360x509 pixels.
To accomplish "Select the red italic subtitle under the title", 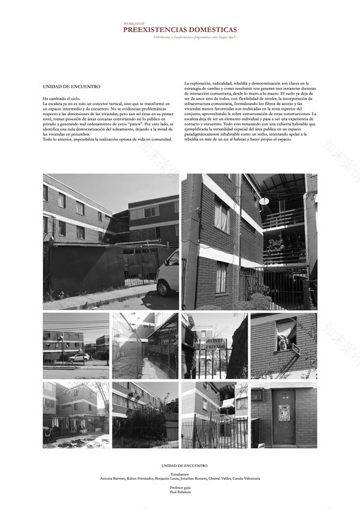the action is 180,38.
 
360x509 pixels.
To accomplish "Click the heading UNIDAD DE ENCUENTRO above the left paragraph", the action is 71,87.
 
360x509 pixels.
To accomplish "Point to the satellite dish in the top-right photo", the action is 263,201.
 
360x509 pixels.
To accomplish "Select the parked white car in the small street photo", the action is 79,356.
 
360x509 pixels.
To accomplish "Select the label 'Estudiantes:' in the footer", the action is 180,474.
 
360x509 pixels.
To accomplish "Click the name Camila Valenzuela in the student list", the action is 246,479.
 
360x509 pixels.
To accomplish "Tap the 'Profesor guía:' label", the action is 180,489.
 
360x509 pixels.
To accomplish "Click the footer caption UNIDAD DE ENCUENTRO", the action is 180,465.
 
